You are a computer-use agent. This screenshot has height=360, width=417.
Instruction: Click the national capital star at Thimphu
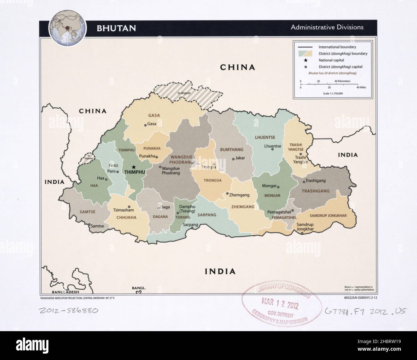tap(134, 167)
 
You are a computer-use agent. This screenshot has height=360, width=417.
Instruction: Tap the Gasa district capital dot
tap(145, 125)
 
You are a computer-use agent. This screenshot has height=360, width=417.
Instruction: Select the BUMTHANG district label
tap(231, 149)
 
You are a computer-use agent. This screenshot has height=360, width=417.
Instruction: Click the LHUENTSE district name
tap(265, 138)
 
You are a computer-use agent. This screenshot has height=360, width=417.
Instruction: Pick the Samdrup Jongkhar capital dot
tap(302, 233)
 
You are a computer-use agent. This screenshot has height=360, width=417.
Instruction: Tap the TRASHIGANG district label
tap(315, 191)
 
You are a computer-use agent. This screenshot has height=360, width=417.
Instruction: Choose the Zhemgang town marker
tap(227, 194)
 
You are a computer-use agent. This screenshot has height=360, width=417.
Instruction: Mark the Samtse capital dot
tap(89, 225)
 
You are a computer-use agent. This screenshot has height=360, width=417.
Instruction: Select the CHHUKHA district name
tap(126, 217)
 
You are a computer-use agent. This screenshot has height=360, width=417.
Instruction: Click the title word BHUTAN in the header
tap(116, 28)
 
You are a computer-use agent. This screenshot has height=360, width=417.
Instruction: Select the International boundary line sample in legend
tap(305, 47)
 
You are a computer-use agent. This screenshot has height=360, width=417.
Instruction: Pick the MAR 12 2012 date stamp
tap(280, 304)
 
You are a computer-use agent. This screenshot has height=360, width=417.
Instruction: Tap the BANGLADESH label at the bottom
tap(65, 292)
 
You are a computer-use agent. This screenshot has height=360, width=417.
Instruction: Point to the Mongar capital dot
tap(278, 187)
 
